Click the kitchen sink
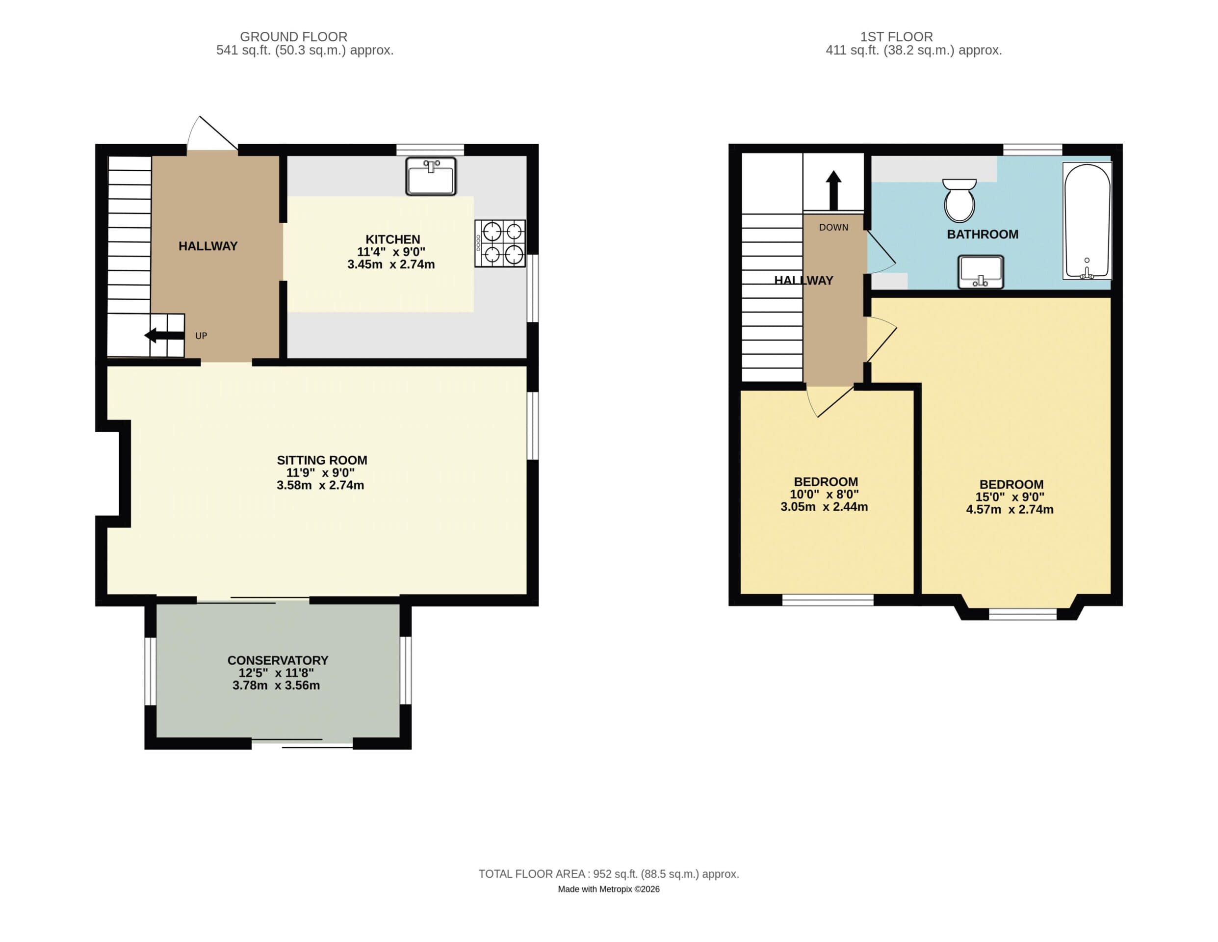(431, 176)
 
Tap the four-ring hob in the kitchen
(500, 243)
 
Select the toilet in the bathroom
(959, 201)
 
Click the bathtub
(1087, 221)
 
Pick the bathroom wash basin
(981, 272)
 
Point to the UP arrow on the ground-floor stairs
(164, 335)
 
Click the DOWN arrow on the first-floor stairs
(833, 190)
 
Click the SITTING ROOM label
(322, 460)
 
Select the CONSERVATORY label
(278, 660)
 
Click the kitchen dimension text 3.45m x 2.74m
(391, 264)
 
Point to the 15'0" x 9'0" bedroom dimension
(1010, 497)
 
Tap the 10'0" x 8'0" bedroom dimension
(824, 494)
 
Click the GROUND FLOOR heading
(293, 37)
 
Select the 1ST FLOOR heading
(896, 37)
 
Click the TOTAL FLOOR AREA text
(608, 874)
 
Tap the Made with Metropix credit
(608, 889)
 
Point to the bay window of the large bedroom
(1022, 615)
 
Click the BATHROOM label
(982, 234)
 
